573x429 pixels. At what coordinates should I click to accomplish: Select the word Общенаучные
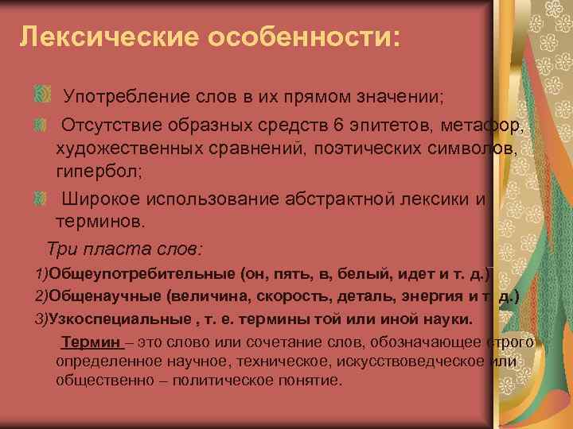[104, 296]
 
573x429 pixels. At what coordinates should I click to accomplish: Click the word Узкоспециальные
[119, 319]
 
